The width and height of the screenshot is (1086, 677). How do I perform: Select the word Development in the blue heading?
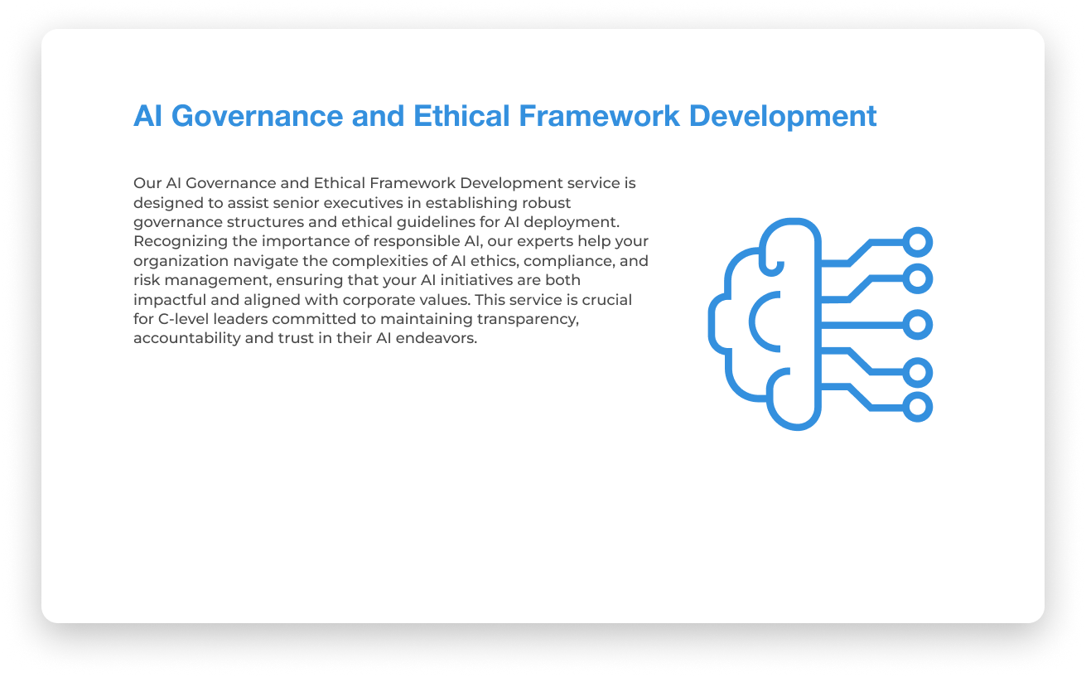pyautogui.click(x=783, y=116)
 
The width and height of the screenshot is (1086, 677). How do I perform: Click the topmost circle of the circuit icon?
pyautogui.click(x=917, y=242)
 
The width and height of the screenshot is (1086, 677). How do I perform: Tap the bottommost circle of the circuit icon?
pyautogui.click(x=917, y=408)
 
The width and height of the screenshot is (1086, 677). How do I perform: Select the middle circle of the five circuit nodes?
pyautogui.click(x=917, y=324)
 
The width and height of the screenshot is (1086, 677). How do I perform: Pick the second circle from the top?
pyautogui.click(x=917, y=278)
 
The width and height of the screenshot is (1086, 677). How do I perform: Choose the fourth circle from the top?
pyautogui.click(x=917, y=372)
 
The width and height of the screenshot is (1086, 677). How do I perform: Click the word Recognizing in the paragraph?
pyautogui.click(x=174, y=241)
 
